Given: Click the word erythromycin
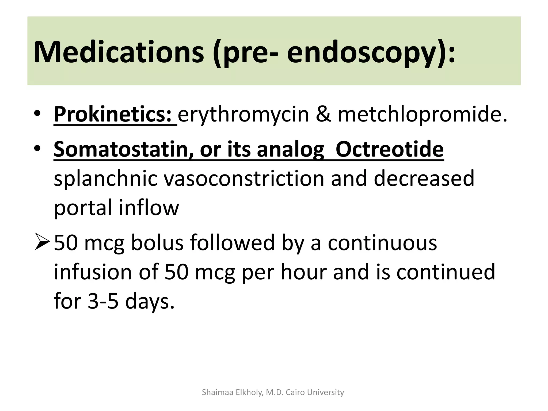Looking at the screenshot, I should coord(243,115).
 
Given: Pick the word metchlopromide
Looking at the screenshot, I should coord(422,115).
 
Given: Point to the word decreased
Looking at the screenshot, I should coord(424,179).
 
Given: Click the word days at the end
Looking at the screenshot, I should coord(150,301).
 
